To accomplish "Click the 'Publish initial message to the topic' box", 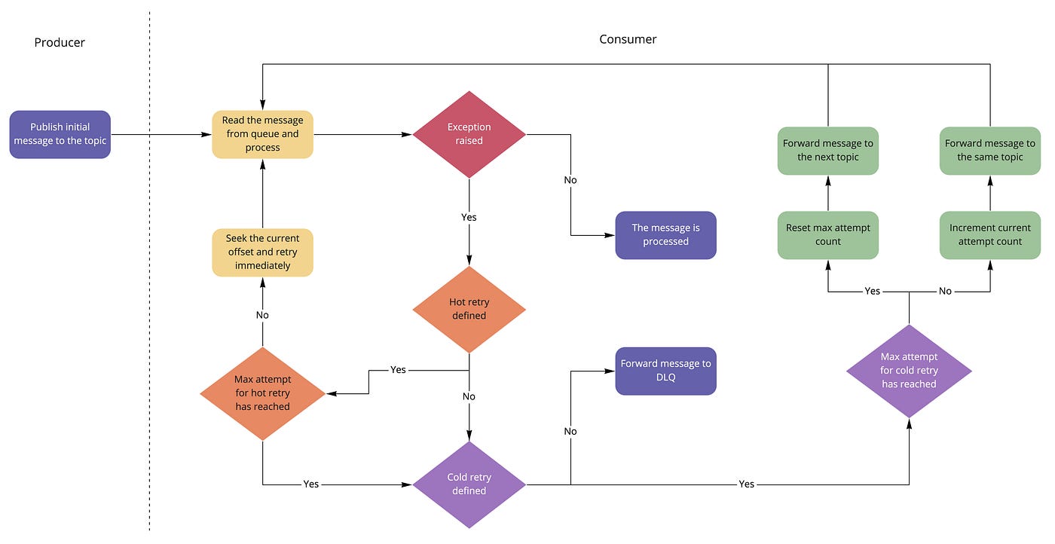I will click(60, 134).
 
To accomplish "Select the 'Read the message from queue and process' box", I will click(262, 134).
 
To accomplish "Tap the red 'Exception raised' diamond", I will click(469, 134).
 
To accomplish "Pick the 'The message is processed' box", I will click(665, 235).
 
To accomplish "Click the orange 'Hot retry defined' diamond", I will click(469, 309).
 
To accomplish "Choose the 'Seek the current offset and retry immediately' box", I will click(262, 252).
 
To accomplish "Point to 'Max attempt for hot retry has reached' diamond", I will click(262, 393).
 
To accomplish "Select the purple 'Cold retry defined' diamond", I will click(469, 484).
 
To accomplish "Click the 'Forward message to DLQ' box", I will click(665, 371).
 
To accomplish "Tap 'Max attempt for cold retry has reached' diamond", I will click(909, 371).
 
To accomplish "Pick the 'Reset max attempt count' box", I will click(828, 235).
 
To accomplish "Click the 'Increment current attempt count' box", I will click(990, 235).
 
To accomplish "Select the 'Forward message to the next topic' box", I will click(828, 151).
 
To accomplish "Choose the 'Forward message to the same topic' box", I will click(990, 151).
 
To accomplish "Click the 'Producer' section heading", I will click(60, 42).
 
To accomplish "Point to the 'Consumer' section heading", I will click(628, 39).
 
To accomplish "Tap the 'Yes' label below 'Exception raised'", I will click(469, 217).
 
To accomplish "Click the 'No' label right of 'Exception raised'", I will click(570, 180).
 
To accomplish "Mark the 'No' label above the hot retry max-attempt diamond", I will click(262, 315).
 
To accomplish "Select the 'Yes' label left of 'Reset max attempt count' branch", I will click(872, 291).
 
